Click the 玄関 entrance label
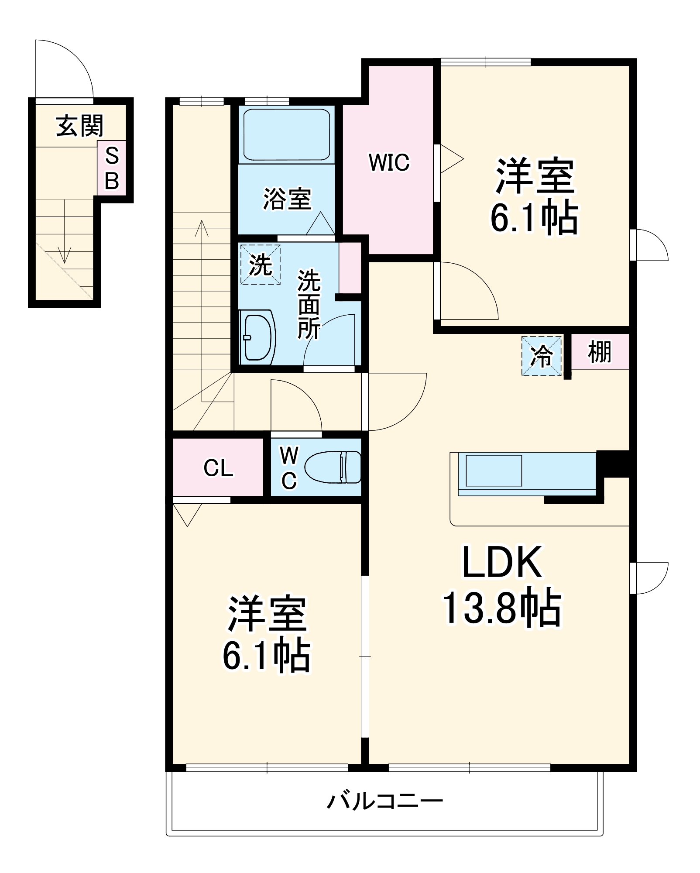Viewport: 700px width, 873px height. coord(80,126)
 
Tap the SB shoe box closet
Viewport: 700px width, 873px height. coord(112,168)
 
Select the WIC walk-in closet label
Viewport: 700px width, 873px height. coord(389,162)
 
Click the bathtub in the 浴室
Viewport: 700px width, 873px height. coord(286,134)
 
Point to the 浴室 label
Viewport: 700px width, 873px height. coord(287,199)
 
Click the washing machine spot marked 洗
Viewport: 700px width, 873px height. coord(261,265)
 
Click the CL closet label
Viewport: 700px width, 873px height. coord(218,468)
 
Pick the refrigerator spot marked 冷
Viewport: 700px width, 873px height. coord(542,356)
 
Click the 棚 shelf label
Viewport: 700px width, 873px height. coord(600,352)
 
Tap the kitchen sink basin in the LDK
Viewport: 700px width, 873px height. coord(494,471)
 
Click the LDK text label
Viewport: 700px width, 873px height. coord(502,562)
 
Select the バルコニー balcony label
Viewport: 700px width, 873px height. coord(385,801)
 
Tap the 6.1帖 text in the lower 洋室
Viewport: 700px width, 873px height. coord(267,655)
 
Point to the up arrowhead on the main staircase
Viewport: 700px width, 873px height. coord(202,228)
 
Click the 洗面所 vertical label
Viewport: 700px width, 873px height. coord(309,304)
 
